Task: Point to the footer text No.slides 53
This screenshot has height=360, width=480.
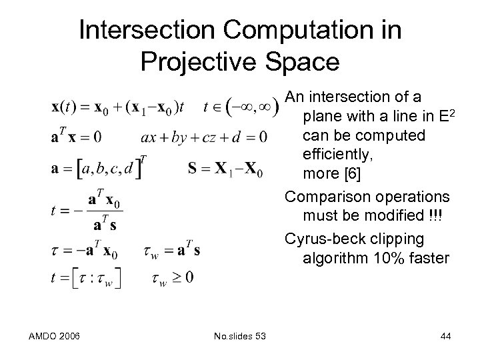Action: click(x=237, y=337)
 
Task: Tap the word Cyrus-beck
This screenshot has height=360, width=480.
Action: click(x=317, y=238)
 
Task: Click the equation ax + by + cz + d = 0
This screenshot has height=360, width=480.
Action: click(x=204, y=137)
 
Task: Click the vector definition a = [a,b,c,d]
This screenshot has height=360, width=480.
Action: click(x=98, y=168)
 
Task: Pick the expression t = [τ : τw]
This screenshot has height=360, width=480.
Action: click(x=87, y=279)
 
